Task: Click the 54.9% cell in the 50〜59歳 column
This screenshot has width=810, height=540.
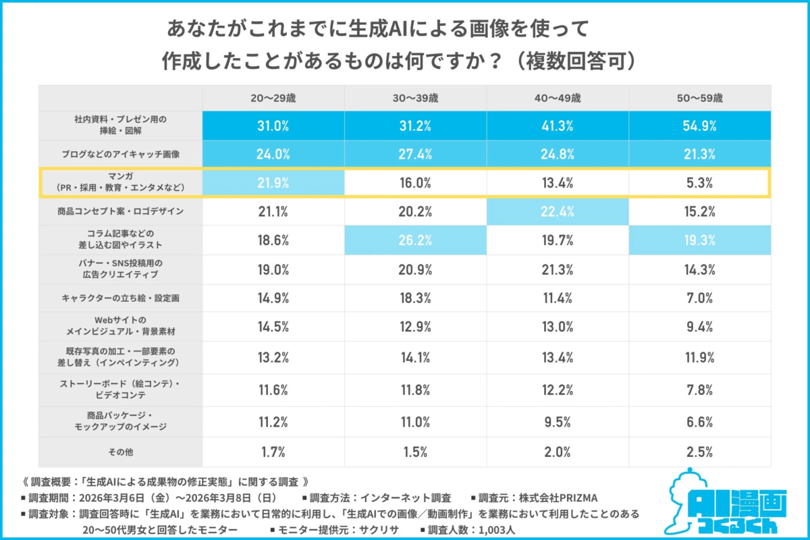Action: [699, 126]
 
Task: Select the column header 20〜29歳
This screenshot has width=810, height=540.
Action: [273, 97]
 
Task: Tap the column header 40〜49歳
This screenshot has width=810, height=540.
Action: [558, 97]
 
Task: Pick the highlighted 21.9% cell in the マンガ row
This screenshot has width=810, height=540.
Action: [273, 182]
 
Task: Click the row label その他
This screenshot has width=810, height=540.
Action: [120, 451]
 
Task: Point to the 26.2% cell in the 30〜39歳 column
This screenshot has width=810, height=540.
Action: [415, 240]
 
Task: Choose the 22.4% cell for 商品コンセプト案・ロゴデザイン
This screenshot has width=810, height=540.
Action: [558, 211]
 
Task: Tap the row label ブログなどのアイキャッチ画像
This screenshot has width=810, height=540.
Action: [120, 154]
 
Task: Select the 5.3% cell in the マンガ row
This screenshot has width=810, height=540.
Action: [699, 182]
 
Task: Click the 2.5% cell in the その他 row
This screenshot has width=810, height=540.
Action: [699, 451]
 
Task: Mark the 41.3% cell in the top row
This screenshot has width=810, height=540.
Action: [558, 126]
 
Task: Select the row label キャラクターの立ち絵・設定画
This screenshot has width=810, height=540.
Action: [120, 297]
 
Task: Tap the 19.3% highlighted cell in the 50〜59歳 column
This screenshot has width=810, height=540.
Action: [699, 240]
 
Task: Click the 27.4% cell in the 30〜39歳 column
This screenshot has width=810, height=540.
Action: [415, 154]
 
